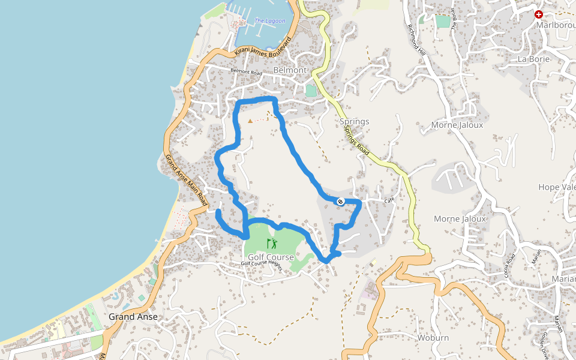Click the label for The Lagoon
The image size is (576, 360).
[269, 21]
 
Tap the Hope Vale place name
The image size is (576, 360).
[557, 187]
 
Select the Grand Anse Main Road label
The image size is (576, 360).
[187, 178]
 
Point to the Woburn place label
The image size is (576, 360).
[433, 338]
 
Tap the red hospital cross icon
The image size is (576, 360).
[539, 14]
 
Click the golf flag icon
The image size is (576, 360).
[272, 243]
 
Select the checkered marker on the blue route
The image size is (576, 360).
[340, 202]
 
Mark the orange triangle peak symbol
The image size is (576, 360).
[250, 121]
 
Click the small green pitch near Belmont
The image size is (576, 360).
[310, 91]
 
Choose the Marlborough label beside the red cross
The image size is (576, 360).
[556, 25]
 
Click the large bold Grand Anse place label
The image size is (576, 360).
[133, 317]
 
